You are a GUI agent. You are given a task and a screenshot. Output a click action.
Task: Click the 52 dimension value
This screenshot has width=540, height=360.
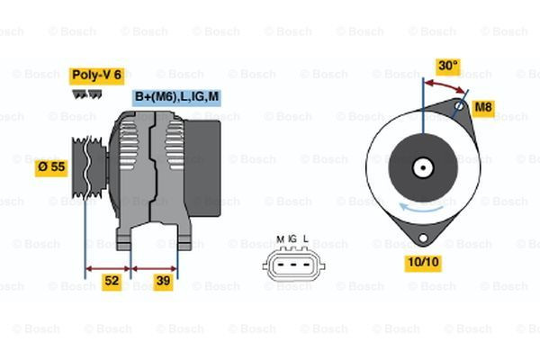point(111,282)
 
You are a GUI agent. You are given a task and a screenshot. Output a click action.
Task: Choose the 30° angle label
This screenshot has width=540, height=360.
point(447,66)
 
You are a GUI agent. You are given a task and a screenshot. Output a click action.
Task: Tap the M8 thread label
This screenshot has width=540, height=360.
point(484,108)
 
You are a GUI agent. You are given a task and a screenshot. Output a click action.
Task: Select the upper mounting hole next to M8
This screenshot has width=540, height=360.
point(460,106)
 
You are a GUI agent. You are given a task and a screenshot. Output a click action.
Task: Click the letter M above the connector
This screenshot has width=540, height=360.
point(280,238)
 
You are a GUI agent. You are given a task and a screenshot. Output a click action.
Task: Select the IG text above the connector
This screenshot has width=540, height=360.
point(292,238)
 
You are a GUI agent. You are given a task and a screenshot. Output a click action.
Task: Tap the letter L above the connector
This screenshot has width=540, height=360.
point(306,238)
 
